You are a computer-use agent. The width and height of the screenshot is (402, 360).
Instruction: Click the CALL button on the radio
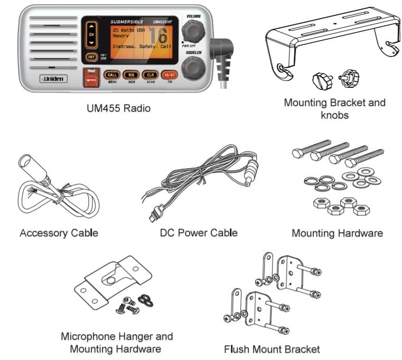point(112,75)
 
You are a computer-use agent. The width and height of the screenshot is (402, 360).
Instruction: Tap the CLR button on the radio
point(151,75)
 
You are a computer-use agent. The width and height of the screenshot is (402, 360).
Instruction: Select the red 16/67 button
point(170,75)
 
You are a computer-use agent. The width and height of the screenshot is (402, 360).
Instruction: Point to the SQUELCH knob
point(193,68)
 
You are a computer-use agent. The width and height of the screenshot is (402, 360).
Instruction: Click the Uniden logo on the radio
point(53,79)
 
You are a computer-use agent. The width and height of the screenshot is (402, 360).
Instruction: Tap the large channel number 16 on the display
point(158,37)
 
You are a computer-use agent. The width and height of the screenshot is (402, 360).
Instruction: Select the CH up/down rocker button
point(91,34)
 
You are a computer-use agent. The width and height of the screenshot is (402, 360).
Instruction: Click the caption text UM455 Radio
point(118,109)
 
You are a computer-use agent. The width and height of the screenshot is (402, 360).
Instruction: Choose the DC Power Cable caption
point(199,233)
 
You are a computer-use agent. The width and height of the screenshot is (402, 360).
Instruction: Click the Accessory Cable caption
point(59,233)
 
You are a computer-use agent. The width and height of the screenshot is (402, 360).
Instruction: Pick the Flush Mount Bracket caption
point(272,349)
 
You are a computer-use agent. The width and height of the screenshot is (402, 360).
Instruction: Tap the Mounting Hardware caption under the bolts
point(337,233)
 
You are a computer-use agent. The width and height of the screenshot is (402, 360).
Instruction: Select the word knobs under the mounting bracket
point(334,115)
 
